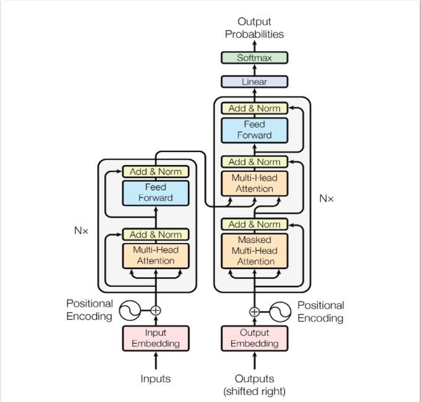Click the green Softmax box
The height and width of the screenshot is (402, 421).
pyautogui.click(x=254, y=58)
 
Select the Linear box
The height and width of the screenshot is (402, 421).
pyautogui.click(x=254, y=82)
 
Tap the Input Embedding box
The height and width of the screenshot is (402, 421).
pyautogui.click(x=156, y=338)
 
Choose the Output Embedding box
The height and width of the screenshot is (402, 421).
pyautogui.click(x=254, y=338)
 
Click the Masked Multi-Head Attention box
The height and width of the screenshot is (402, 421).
pyautogui.click(x=254, y=250)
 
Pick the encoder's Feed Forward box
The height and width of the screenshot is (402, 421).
pyautogui.click(x=156, y=192)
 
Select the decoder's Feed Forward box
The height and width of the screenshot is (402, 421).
pyautogui.click(x=254, y=130)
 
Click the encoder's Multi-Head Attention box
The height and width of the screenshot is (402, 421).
pyautogui.click(x=156, y=255)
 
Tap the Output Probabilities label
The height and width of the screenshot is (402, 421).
pyautogui.click(x=254, y=28)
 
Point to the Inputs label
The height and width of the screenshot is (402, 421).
pyautogui.click(x=156, y=378)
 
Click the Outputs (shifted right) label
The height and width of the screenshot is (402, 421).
pyautogui.click(x=254, y=384)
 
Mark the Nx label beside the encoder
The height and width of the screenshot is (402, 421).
pyautogui.click(x=81, y=231)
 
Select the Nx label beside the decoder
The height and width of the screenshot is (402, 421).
pyautogui.click(x=326, y=199)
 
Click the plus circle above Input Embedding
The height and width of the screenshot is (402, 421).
pyautogui.click(x=156, y=310)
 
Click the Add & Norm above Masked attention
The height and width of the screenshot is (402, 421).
pyautogui.click(x=254, y=225)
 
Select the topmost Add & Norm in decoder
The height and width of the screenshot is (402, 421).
pyautogui.click(x=254, y=108)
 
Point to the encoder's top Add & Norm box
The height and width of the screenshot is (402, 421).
pyautogui.click(x=156, y=171)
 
